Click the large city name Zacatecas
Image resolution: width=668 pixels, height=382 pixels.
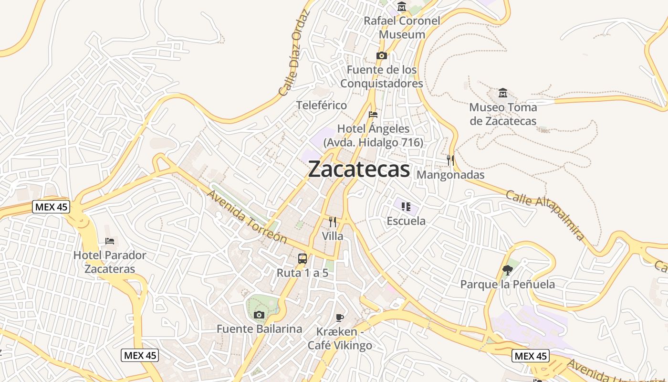click(x=359, y=169)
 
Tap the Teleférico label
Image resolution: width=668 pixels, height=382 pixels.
click(x=322, y=105)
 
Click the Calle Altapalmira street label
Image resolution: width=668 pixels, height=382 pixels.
click(x=545, y=215)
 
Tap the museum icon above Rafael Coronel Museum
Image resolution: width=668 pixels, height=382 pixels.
click(x=402, y=7)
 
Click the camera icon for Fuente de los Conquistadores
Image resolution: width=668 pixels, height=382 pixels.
click(x=381, y=56)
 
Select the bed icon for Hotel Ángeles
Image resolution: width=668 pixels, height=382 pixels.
click(x=373, y=115)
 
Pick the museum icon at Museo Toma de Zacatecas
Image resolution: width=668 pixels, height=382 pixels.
click(x=502, y=93)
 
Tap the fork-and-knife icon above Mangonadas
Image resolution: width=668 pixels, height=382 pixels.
click(x=450, y=160)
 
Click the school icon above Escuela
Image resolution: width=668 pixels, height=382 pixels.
click(x=406, y=207)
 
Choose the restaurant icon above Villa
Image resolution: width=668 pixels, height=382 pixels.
click(x=333, y=222)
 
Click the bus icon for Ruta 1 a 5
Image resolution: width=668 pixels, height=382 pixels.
click(x=303, y=259)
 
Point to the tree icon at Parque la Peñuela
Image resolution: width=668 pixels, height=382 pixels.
click(x=508, y=270)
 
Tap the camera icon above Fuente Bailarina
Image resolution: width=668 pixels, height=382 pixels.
click(x=259, y=315)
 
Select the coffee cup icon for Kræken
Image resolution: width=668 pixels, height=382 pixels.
click(x=340, y=318)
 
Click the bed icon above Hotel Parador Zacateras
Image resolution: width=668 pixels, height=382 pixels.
click(x=110, y=241)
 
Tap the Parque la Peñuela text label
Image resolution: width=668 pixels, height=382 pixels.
click(x=508, y=285)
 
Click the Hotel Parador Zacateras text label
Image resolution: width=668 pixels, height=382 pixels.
click(x=110, y=262)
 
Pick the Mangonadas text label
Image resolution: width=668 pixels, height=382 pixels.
click(x=450, y=175)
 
